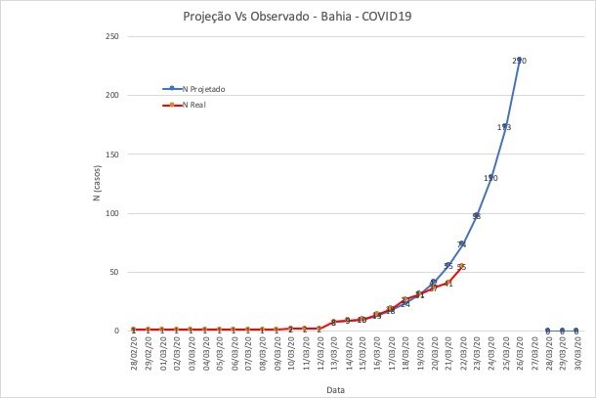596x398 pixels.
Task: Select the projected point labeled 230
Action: [519, 61]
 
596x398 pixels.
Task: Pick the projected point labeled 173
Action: [504, 127]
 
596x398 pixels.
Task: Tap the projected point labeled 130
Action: [490, 178]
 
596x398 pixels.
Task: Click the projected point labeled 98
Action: [476, 216]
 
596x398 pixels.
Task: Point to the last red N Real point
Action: [461, 266]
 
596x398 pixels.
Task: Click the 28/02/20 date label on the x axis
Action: [134, 352]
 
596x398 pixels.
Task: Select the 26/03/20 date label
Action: [519, 352]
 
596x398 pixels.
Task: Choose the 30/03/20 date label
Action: [576, 352]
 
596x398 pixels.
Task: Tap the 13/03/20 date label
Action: [333, 352]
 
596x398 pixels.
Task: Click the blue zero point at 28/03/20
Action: [547, 331]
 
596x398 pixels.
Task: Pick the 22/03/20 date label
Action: [461, 352]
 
